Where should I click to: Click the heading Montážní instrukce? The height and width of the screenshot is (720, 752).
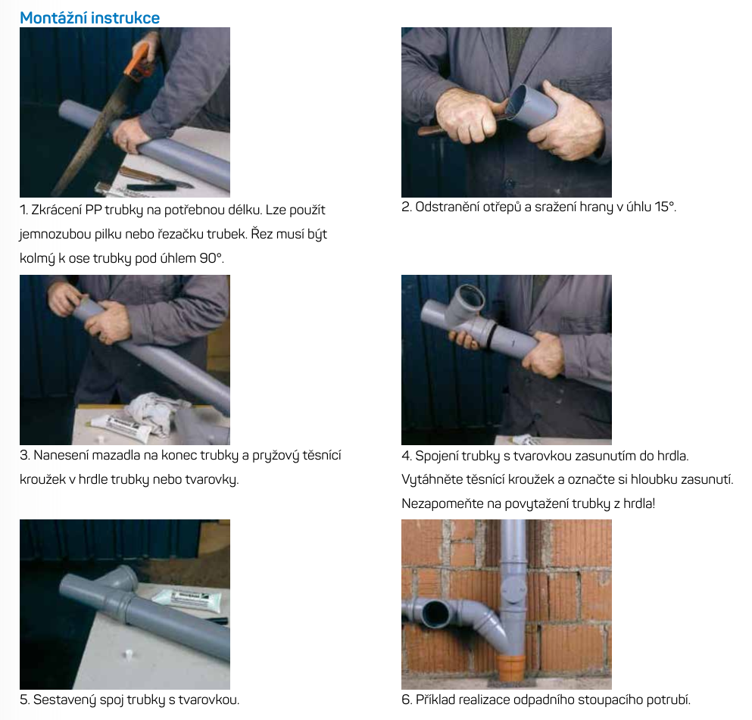coord(89,17)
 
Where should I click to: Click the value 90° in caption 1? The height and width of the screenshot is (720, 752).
coord(211,258)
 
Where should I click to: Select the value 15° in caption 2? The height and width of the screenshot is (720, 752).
coord(665,207)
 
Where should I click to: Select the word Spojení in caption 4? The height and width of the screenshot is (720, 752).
coord(436,456)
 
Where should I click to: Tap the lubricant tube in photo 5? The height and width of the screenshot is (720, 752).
coord(188,600)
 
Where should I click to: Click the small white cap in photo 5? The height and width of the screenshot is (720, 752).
coord(128,654)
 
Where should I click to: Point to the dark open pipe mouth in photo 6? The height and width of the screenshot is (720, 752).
coord(435,613)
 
